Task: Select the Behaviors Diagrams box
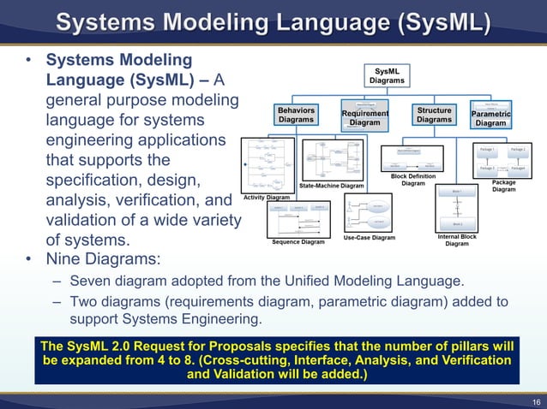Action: (296, 116)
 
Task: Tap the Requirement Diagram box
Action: (365, 118)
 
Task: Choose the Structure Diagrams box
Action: (434, 116)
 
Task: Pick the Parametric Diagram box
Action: (491, 118)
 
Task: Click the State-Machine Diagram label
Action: (332, 186)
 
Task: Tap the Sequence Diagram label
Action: (298, 242)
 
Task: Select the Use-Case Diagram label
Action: (370, 238)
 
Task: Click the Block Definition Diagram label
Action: (413, 180)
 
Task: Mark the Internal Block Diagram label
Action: (457, 240)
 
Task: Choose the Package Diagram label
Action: (503, 186)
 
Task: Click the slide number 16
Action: (534, 400)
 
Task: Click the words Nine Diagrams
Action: (102, 258)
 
